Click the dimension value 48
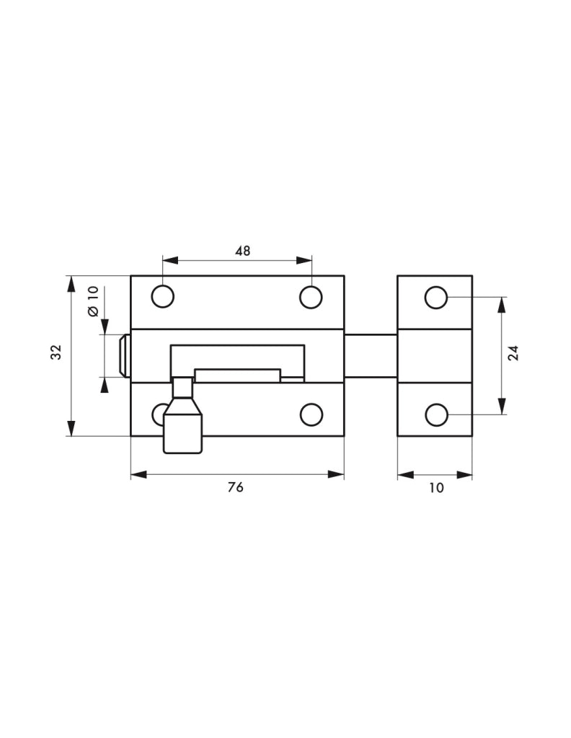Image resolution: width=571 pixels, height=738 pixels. [243, 251]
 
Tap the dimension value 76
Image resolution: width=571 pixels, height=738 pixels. [235, 488]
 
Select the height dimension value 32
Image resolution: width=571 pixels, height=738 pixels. [56, 352]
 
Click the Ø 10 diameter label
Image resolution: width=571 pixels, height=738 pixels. [93, 301]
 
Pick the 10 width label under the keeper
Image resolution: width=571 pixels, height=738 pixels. [436, 488]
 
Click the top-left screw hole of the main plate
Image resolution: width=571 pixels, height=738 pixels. [163, 297]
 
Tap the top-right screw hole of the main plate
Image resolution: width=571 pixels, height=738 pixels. [311, 297]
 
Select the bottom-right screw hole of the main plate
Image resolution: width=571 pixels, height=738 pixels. [311, 414]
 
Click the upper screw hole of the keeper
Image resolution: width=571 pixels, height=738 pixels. [436, 297]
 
